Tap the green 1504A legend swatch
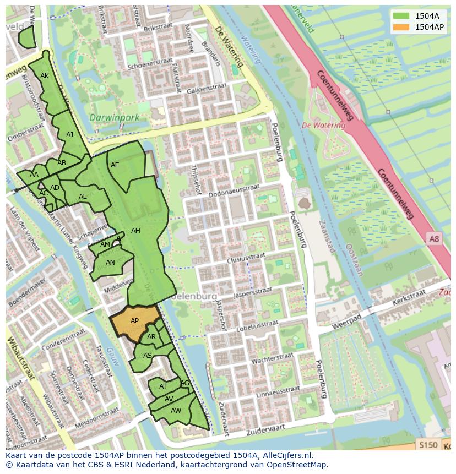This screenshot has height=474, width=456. click(x=401, y=15)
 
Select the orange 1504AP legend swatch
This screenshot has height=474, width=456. click(x=401, y=26)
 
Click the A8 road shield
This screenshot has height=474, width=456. click(x=435, y=238)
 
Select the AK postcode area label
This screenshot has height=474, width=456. click(x=45, y=76)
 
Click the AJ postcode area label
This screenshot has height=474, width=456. click(x=69, y=135)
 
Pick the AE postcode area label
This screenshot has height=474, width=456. click(x=115, y=165)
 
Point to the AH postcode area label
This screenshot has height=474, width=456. click(x=135, y=231)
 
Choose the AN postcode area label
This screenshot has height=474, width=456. click(x=110, y=263)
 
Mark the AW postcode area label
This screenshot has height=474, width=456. click(x=176, y=411)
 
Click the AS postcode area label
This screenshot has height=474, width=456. click(x=147, y=356)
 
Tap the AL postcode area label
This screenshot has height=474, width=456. click(x=83, y=197)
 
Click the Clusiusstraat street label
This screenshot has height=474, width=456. click(x=246, y=257)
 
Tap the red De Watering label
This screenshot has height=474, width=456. click(x=324, y=125)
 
